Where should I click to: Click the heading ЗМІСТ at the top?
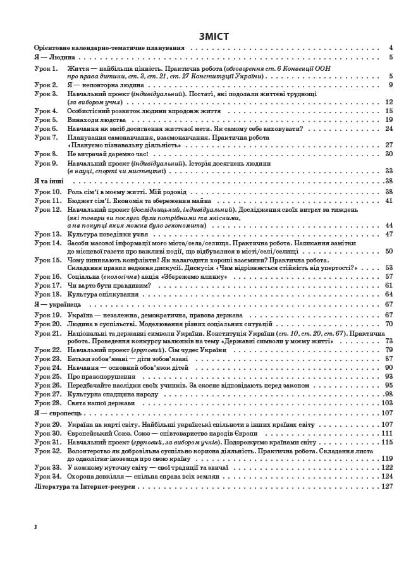click(214, 37)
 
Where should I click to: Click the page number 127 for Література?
click(387, 486)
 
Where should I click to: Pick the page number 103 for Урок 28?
click(387, 403)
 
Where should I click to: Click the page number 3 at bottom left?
click(36, 526)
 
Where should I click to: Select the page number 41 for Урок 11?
click(389, 200)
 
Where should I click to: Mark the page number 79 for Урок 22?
click(389, 350)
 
